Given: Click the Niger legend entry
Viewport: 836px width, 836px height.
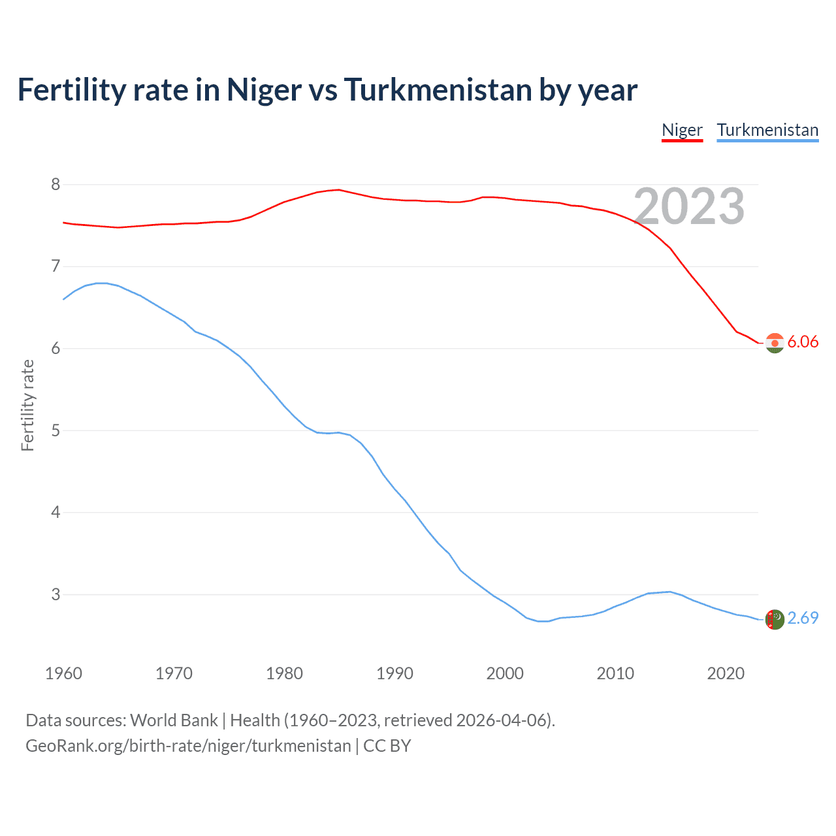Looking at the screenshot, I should coord(682,130).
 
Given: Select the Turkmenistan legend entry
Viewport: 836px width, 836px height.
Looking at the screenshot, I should coord(767,130).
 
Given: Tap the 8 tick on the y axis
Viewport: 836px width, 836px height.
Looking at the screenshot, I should coord(56,185).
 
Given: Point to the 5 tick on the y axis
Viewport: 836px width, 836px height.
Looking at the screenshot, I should coord(56,431).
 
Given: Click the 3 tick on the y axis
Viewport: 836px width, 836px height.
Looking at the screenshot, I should coord(56,595).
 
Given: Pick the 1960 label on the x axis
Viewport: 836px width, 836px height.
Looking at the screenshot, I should coord(63,673).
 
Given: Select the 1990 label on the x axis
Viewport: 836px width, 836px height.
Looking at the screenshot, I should coord(394,673).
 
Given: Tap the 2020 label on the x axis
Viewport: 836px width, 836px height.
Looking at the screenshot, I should coord(726,673).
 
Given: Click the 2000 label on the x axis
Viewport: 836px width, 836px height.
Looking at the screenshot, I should coord(505,673).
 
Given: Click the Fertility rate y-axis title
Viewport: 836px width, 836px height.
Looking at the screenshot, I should coord(27,405).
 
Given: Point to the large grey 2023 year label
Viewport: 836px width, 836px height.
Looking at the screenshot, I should coord(689,207).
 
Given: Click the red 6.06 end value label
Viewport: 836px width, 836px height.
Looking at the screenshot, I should coord(803,342).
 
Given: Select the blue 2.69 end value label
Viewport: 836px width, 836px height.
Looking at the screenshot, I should coord(803,618).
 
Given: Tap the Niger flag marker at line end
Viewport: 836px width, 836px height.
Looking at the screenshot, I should coord(775,343).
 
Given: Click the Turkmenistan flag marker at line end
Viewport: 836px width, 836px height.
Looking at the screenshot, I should coord(775,619).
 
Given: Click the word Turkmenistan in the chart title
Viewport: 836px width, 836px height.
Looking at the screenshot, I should coord(438,90).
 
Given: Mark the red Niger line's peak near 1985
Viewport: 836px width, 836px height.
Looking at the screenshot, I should coord(338,190).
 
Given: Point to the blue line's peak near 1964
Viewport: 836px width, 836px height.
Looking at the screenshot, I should coord(102,283).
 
